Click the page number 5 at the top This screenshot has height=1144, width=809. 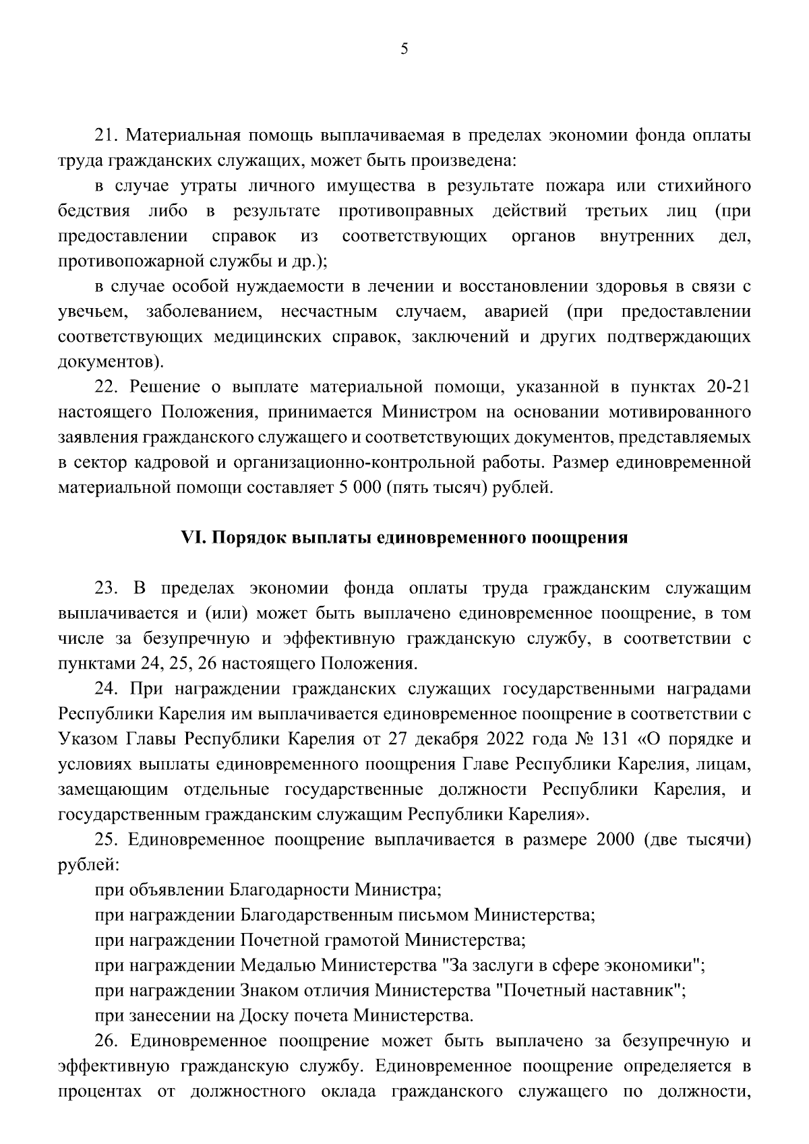point(404,49)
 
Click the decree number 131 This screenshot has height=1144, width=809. point(610,739)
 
